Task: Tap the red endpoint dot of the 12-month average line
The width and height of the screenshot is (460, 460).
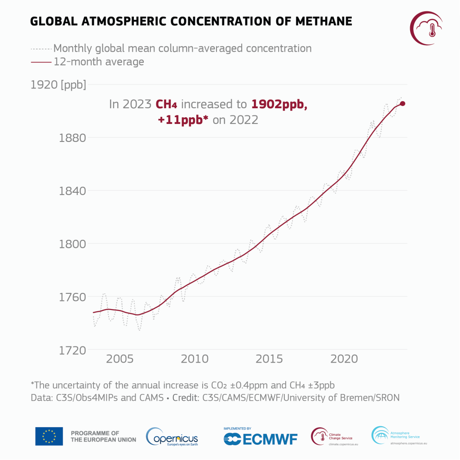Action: tap(402, 104)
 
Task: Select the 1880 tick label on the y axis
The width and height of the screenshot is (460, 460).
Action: tap(73, 138)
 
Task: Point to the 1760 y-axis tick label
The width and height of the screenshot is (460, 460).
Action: tap(73, 297)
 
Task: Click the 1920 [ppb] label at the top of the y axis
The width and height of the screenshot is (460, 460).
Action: tap(58, 84)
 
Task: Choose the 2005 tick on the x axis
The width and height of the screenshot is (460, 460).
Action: tap(120, 359)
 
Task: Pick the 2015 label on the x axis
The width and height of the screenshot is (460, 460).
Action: tap(269, 359)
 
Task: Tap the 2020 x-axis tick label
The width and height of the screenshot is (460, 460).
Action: tap(344, 359)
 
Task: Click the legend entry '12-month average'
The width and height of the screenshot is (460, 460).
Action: tap(99, 62)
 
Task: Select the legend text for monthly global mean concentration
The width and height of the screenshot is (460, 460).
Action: tap(182, 48)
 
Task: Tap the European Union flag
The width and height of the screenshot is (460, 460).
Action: tap(49, 436)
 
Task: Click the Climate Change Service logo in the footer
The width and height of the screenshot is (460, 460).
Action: tap(332, 436)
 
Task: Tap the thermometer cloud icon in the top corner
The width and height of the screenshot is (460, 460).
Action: tap(427, 28)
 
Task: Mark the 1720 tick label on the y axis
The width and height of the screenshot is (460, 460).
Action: tap(73, 350)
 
